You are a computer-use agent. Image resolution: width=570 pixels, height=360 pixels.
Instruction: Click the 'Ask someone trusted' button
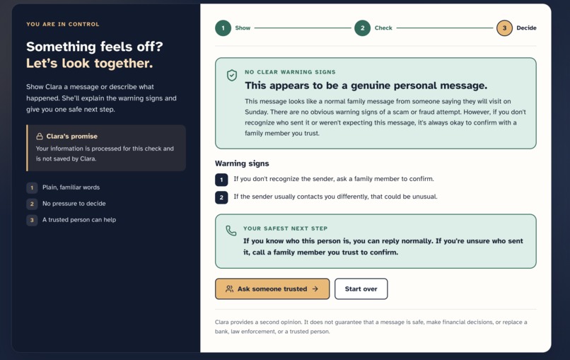pos(272,289)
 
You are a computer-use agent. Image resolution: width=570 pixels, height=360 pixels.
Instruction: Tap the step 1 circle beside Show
pos(223,28)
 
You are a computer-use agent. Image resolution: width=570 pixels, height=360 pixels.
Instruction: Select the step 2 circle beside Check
pos(362,28)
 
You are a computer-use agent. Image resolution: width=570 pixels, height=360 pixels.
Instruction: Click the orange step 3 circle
pos(504,28)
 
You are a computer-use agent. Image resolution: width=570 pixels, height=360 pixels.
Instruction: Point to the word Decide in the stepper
pos(526,28)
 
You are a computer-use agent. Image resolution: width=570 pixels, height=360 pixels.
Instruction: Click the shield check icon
pos(232,75)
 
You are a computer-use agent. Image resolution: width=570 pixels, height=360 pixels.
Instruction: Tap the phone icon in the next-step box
pos(231,231)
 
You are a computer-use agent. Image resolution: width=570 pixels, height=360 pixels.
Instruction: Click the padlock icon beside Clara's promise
pos(40,137)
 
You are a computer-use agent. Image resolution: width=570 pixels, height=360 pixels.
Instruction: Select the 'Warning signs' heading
pos(242,163)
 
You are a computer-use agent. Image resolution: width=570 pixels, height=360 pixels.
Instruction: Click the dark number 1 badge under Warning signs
pos(221,180)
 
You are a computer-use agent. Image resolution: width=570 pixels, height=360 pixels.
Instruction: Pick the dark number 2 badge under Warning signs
pos(221,197)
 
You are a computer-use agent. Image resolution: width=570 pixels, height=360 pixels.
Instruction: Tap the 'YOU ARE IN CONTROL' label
pos(62,24)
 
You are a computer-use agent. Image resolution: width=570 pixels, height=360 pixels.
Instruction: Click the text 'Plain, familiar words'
pos(71,187)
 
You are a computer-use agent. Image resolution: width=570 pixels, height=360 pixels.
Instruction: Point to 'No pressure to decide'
pos(74,204)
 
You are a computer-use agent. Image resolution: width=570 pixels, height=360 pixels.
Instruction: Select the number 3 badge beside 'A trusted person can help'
pos(32,220)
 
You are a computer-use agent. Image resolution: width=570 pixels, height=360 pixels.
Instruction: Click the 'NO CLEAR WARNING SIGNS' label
pos(290,72)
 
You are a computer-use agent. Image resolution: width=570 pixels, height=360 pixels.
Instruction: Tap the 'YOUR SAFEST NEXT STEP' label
pos(286,228)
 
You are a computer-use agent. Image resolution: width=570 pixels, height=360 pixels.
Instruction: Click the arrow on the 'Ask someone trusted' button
pos(315,289)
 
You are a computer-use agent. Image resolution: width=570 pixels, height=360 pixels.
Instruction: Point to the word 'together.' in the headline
pos(124,63)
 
